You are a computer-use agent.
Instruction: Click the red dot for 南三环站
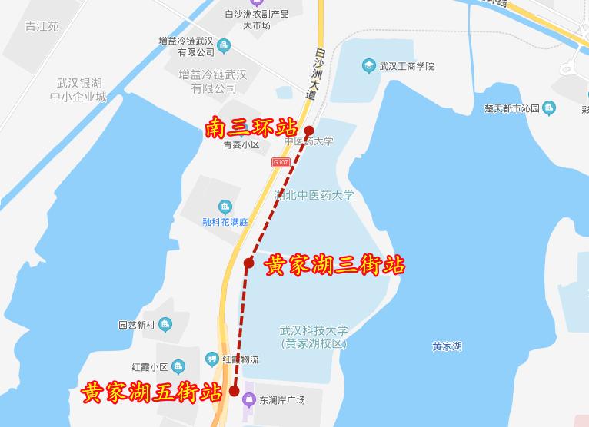[309, 130]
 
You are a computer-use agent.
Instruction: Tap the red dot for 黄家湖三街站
[248, 263]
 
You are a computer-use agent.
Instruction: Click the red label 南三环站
[251, 128]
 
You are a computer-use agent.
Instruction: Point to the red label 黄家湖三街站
[334, 266]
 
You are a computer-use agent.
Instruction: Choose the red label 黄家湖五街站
[151, 392]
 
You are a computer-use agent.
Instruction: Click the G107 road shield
[280, 162]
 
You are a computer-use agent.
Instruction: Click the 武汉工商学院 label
[407, 66]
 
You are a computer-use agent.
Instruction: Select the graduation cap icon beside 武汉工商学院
[368, 66]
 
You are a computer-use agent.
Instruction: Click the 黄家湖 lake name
[447, 346]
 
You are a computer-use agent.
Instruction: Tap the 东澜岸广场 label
[282, 400]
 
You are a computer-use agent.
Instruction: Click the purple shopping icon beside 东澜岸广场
[248, 399]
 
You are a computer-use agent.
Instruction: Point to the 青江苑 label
[42, 26]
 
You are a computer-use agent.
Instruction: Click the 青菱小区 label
[241, 144]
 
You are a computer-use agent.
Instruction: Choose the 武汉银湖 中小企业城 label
[79, 90]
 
